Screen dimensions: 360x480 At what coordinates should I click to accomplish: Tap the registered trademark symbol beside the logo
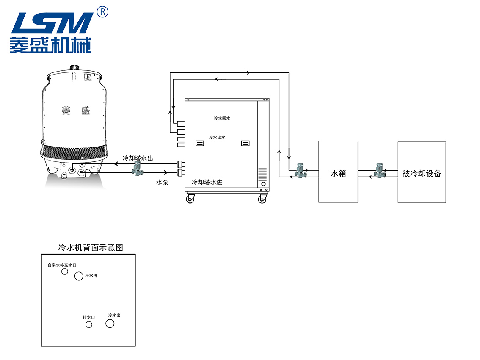[x=102, y=11]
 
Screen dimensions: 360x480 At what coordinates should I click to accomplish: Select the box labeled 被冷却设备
[x=422, y=172]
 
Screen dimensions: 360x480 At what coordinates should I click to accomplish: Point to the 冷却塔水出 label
[x=138, y=158]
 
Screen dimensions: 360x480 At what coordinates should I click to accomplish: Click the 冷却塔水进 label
[x=207, y=182]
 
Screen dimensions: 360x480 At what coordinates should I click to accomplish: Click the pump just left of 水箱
[x=301, y=170]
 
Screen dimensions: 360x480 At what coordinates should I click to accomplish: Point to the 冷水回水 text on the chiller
[x=222, y=119]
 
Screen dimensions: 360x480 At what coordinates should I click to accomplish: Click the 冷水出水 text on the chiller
[x=217, y=137]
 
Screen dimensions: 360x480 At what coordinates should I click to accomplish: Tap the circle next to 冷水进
[x=79, y=276]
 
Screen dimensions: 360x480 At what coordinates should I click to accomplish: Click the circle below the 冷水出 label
[x=110, y=324]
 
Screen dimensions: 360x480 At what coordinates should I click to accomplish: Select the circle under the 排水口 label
[x=89, y=324]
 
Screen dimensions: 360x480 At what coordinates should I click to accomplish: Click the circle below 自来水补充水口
[x=65, y=271]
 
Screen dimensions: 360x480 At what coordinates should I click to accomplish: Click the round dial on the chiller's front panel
[x=263, y=184]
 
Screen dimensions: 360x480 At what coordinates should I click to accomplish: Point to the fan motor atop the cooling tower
[x=75, y=67]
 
